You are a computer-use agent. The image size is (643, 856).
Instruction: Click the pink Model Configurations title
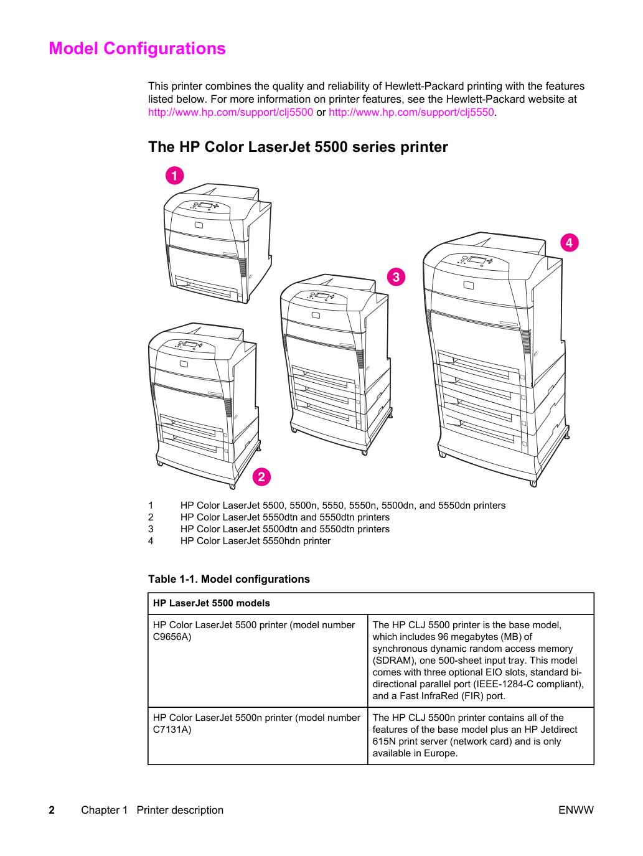pyautogui.click(x=138, y=49)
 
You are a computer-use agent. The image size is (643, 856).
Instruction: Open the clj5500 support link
pyautogui.click(x=230, y=112)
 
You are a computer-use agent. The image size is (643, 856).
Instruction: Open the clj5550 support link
pyautogui.click(x=411, y=112)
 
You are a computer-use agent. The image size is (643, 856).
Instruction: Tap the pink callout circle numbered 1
pyautogui.click(x=175, y=176)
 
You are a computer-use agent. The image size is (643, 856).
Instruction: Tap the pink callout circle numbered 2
pyautogui.click(x=261, y=477)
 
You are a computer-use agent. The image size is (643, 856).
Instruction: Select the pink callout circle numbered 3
pyautogui.click(x=396, y=277)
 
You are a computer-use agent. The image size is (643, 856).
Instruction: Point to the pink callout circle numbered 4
pyautogui.click(x=570, y=243)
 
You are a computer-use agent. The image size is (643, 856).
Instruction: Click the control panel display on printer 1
pyautogui.click(x=205, y=205)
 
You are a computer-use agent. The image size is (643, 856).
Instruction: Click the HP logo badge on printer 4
pyautogui.click(x=468, y=285)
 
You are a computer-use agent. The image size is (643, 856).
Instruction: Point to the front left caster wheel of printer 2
pyautogui.click(x=160, y=463)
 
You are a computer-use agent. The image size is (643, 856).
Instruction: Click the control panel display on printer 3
pyautogui.click(x=322, y=296)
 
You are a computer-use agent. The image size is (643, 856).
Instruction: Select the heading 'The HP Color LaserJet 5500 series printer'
pyautogui.click(x=298, y=147)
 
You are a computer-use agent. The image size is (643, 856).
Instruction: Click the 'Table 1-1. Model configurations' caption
pyautogui.click(x=229, y=579)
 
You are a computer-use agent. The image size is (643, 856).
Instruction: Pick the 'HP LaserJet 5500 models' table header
pyautogui.click(x=212, y=603)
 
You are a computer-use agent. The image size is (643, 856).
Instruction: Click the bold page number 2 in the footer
pyautogui.click(x=52, y=810)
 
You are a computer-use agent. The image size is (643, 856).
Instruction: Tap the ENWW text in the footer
pyautogui.click(x=576, y=810)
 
